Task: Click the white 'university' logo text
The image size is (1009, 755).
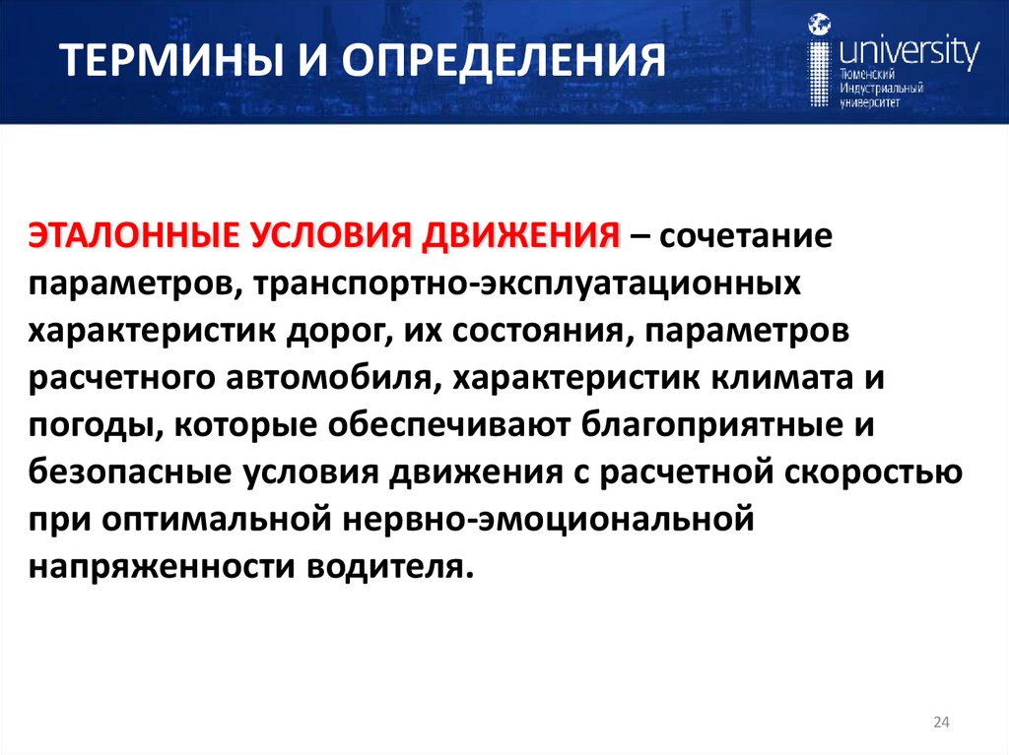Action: pyautogui.click(x=906, y=49)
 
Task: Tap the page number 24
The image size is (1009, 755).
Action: pyautogui.click(x=940, y=724)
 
